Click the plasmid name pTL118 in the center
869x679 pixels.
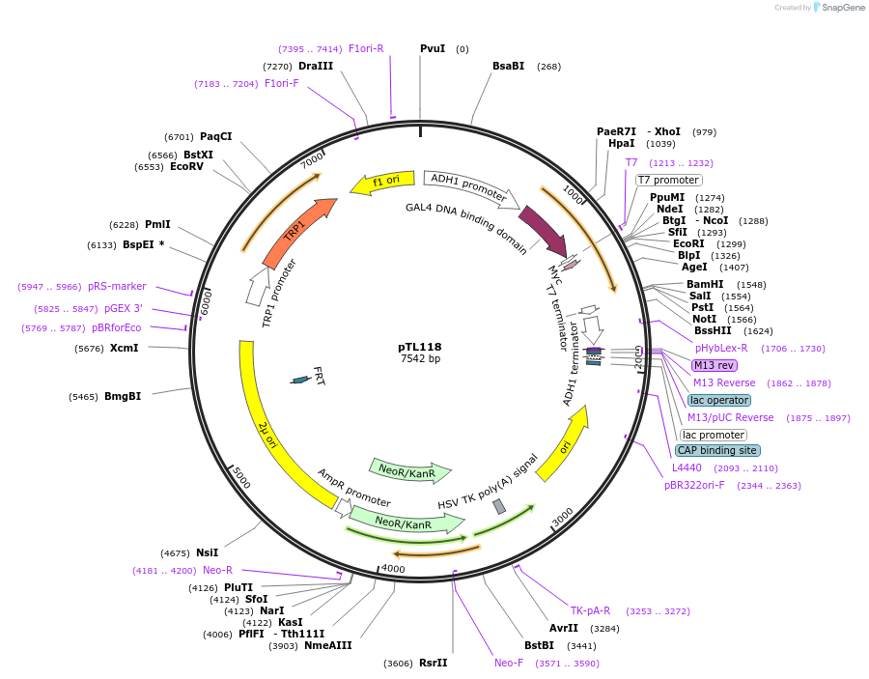419,346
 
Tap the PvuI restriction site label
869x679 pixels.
433,48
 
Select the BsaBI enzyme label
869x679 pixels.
508,66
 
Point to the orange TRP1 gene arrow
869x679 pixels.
297,232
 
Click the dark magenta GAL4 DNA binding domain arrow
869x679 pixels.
543,230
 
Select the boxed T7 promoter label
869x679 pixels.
668,180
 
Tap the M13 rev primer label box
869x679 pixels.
714,365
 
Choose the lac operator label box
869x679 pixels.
718,400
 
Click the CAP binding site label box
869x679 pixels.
716,450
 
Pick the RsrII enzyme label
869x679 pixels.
434,663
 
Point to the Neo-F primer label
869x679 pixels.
509,663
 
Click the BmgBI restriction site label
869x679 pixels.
123,396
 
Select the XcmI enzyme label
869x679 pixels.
124,348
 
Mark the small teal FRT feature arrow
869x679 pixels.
301,380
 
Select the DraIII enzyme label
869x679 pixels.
316,66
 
